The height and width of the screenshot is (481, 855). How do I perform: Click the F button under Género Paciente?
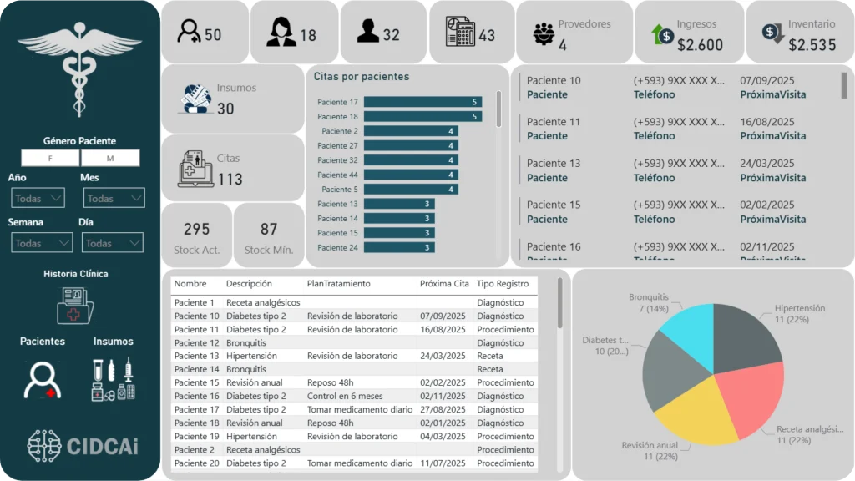click(x=50, y=159)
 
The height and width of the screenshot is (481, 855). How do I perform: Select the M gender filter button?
click(x=109, y=159)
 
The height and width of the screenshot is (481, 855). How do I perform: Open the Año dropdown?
click(x=38, y=198)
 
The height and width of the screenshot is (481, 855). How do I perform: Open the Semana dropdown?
click(x=42, y=243)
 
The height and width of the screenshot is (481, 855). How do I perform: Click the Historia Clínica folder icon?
click(x=76, y=305)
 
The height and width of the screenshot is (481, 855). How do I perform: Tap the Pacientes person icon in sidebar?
click(x=42, y=378)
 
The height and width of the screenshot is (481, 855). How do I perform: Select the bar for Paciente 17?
click(x=422, y=102)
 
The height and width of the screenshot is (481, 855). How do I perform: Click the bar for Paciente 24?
click(x=398, y=247)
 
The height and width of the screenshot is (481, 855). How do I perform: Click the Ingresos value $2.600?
click(x=700, y=45)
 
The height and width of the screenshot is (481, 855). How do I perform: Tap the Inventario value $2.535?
click(x=812, y=45)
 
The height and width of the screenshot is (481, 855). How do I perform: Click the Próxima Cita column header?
click(x=444, y=284)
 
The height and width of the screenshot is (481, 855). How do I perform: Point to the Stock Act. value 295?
click(x=196, y=229)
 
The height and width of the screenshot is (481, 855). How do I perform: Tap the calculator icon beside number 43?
click(x=458, y=33)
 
